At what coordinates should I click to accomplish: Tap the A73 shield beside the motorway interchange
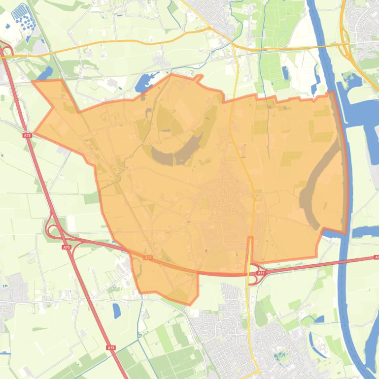(x=66, y=247)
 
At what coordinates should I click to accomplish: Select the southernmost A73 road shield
(x=111, y=347)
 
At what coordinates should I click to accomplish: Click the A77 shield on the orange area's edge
(x=148, y=257)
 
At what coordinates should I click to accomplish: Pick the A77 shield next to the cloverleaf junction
(x=261, y=272)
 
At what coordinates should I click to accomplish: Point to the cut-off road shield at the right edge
(x=376, y=257)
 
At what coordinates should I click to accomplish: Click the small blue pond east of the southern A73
(x=117, y=311)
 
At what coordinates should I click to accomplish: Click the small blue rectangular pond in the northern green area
(x=285, y=73)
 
